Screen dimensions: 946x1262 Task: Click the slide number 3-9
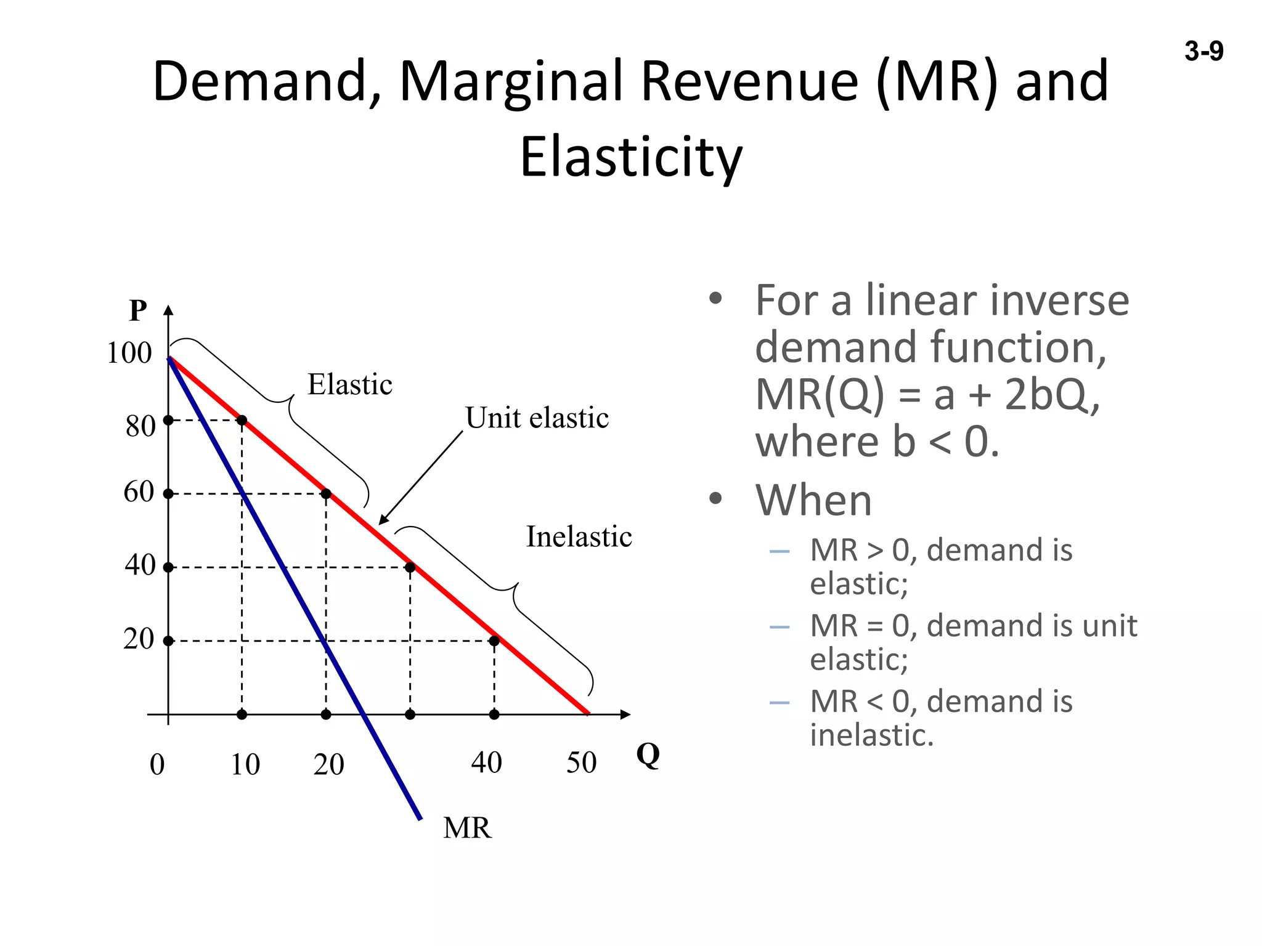point(1203,51)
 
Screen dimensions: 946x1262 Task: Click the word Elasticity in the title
point(631,157)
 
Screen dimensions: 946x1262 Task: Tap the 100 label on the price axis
point(129,353)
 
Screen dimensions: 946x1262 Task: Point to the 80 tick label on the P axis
point(140,426)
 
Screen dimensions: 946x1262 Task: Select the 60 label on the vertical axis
point(139,491)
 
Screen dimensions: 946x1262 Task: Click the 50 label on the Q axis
point(581,762)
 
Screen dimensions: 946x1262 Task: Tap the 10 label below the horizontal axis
point(245,764)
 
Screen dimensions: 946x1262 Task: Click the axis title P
point(138,310)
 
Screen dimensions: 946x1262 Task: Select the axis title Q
point(648,754)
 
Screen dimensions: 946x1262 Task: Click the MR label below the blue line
point(467,828)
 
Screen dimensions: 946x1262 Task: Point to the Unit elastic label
point(537,418)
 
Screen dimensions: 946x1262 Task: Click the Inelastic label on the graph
point(579,537)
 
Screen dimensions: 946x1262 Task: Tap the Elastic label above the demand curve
point(349,385)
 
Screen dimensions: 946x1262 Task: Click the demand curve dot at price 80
point(242,421)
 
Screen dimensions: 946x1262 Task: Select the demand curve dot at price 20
point(494,641)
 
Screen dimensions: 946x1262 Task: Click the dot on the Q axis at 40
point(494,714)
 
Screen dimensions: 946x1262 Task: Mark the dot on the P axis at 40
point(168,567)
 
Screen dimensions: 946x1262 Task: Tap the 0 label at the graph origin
point(157,765)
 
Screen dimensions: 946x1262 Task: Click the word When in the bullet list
point(813,500)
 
